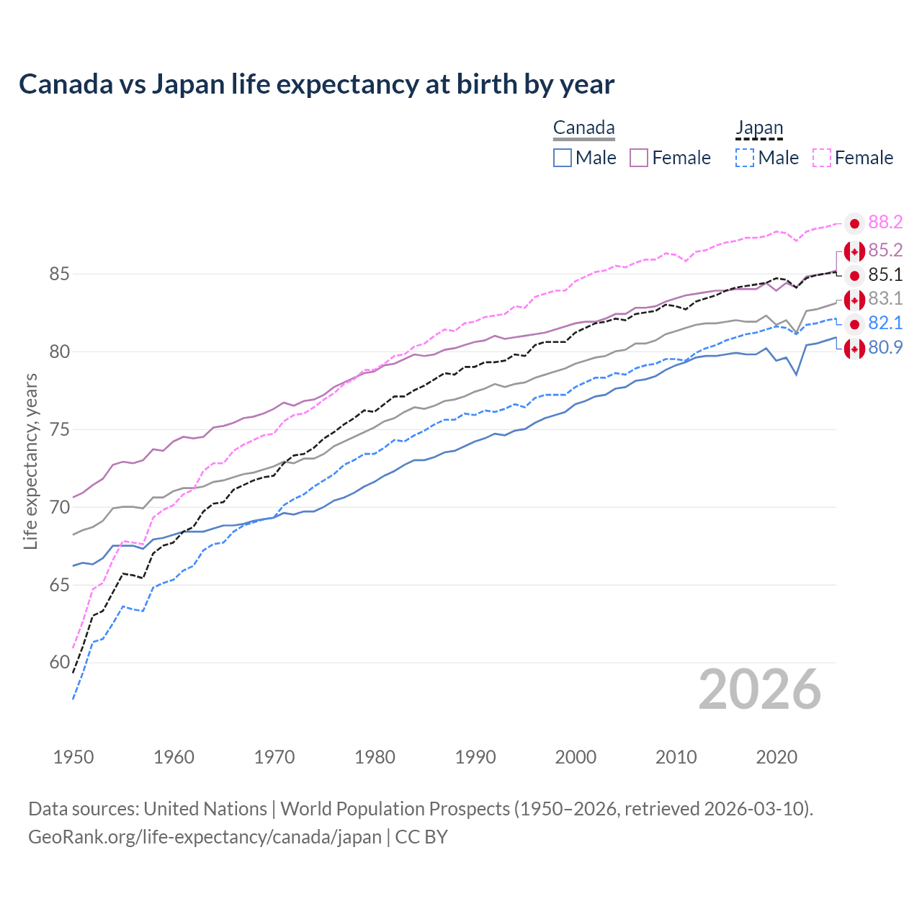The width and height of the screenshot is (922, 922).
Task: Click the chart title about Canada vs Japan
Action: pyautogui.click(x=316, y=84)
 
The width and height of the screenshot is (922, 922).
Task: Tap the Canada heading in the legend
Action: pyautogui.click(x=583, y=128)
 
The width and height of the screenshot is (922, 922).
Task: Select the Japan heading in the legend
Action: pyautogui.click(x=758, y=128)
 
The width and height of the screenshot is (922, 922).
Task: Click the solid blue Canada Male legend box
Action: pyautogui.click(x=563, y=158)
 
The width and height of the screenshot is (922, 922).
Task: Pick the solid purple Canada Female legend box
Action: pyautogui.click(x=639, y=158)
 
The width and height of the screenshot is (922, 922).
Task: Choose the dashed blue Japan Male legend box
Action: pyautogui.click(x=745, y=158)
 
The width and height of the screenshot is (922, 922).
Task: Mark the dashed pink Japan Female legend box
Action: pyautogui.click(x=822, y=158)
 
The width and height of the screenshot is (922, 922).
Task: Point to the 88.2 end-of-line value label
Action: pyautogui.click(x=885, y=223)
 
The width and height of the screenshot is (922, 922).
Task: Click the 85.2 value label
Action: pyautogui.click(x=885, y=250)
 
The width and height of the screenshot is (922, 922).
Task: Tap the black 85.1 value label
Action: pyautogui.click(x=885, y=274)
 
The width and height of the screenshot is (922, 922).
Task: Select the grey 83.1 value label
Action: pyautogui.click(x=885, y=298)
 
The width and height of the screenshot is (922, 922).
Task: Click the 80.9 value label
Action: pyautogui.click(x=885, y=347)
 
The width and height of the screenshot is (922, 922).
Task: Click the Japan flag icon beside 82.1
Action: pyautogui.click(x=854, y=323)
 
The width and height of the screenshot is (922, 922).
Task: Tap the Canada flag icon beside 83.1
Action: pyautogui.click(x=854, y=300)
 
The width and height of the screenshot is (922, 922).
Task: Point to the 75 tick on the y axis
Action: pyautogui.click(x=60, y=430)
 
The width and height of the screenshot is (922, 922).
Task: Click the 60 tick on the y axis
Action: pyautogui.click(x=60, y=663)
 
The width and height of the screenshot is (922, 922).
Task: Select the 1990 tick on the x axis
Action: pyautogui.click(x=475, y=757)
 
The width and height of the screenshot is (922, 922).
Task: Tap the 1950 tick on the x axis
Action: pyautogui.click(x=73, y=757)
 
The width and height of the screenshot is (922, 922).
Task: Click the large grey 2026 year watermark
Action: pyautogui.click(x=759, y=690)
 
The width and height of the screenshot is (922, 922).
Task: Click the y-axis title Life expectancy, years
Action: pyautogui.click(x=31, y=461)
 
